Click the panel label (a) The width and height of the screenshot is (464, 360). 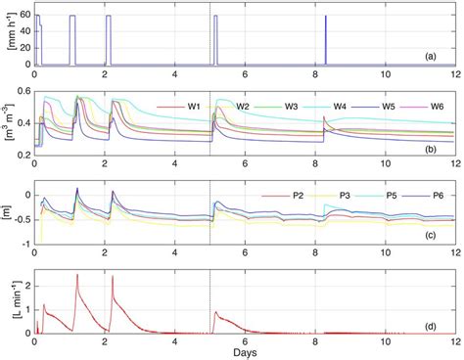pos(442,57)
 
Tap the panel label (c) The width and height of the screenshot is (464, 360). pos(442,241)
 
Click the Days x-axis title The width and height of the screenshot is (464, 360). pos(244,351)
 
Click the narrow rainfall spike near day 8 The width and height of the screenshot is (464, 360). pos(324,39)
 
